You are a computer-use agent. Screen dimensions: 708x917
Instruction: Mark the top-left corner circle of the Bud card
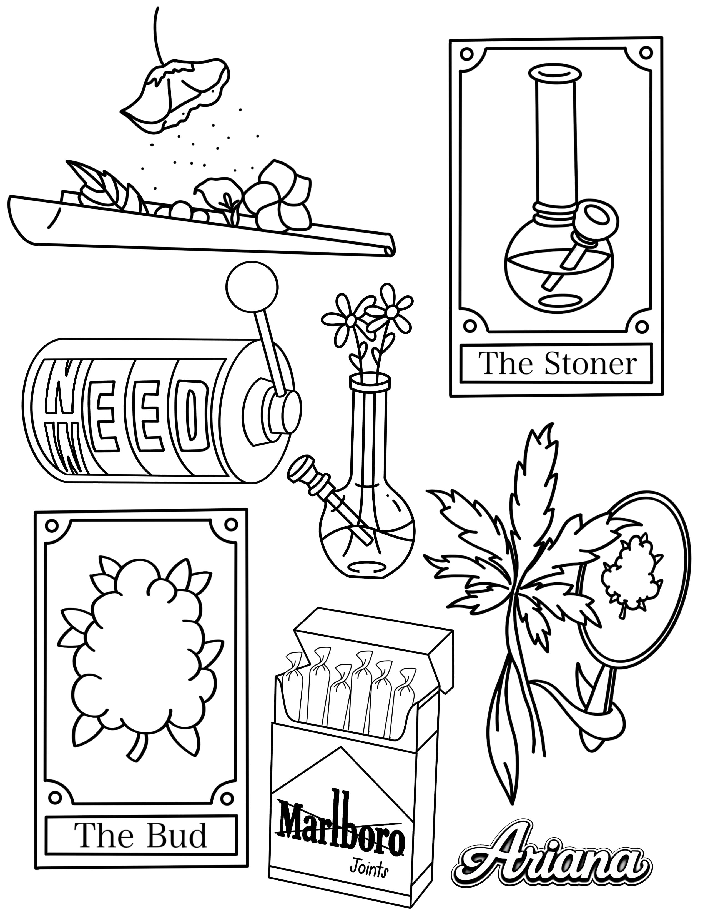click(51, 525)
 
